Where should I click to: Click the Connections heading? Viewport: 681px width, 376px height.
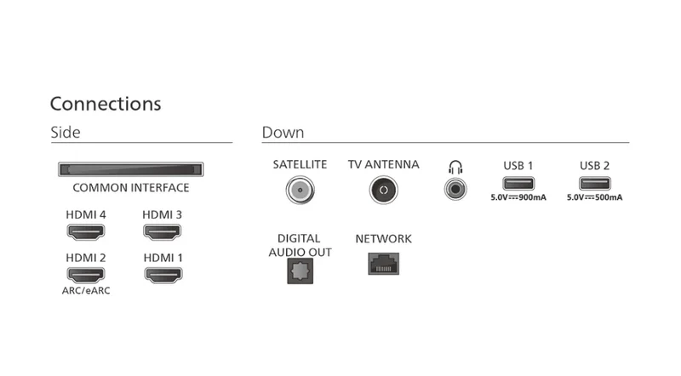106,104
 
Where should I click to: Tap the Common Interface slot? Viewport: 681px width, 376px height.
131,169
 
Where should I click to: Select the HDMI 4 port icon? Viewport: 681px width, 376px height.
86,232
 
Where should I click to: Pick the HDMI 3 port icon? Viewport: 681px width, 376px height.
162,232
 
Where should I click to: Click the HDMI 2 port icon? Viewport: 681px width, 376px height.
86,275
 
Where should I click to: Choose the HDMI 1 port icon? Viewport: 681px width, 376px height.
163,275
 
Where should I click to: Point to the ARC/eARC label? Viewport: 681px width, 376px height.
86,290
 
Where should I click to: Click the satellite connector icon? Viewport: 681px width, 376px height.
300,190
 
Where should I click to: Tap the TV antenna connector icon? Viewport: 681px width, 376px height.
384,190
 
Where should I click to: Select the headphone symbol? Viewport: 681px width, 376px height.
455,168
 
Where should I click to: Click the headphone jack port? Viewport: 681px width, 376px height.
455,190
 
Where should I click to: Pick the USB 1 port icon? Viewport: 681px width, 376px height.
518,183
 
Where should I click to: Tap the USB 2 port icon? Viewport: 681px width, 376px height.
594,183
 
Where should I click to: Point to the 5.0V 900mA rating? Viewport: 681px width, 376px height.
518,197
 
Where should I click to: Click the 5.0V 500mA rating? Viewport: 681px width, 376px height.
594,197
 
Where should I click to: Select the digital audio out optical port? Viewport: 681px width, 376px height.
300,271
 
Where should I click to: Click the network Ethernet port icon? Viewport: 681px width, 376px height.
384,264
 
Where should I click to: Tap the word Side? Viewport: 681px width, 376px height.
66,133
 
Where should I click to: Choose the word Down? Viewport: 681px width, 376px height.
283,133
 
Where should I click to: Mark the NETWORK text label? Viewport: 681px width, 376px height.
384,239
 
